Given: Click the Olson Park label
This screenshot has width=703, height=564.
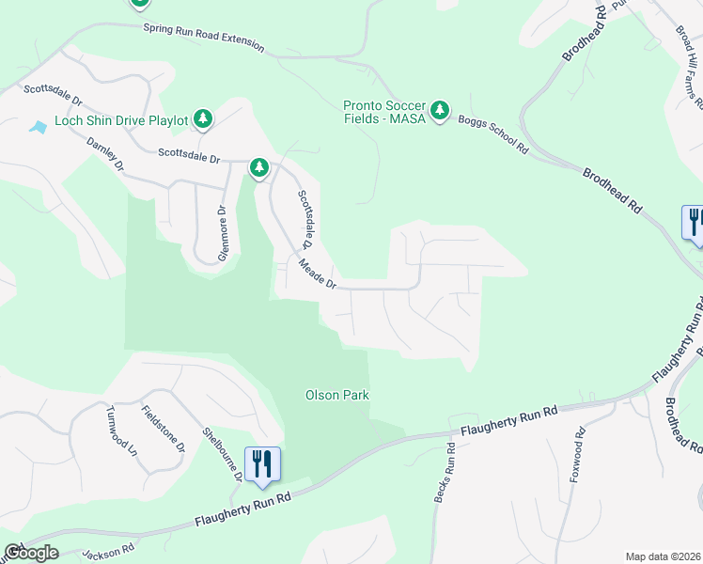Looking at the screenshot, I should [x=337, y=396].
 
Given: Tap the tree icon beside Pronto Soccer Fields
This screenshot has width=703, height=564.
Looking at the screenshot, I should [x=440, y=111].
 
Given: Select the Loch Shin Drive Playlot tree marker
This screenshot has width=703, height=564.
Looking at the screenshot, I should [x=202, y=118].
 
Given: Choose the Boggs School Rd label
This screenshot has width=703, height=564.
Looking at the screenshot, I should [x=493, y=135].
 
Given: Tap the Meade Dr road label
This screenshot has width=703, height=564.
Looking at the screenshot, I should [x=318, y=275].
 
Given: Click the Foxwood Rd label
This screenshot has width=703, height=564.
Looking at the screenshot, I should [x=576, y=458].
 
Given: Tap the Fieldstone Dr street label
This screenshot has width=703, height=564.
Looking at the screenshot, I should [x=163, y=430].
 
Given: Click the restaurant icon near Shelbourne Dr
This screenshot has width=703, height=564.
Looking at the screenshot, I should [x=261, y=463].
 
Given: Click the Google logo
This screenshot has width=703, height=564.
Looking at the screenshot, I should [x=30, y=553].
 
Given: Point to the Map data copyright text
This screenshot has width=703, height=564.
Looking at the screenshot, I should [x=663, y=556].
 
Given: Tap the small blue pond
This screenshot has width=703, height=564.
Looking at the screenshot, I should [x=38, y=127].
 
